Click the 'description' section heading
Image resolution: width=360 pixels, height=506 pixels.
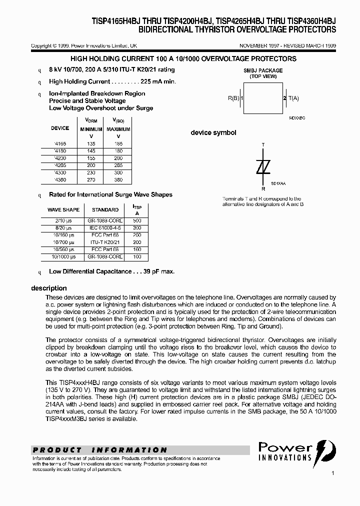(x=48, y=288)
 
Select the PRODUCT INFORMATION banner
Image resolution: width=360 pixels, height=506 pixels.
(x=100, y=450)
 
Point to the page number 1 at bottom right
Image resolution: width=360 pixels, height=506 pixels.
(x=332, y=472)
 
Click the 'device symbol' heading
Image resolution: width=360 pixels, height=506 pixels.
(x=213, y=133)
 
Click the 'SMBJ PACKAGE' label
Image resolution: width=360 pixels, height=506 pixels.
(x=263, y=70)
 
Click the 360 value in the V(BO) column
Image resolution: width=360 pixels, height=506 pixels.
(x=118, y=178)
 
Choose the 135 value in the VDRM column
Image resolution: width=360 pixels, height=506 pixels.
(x=90, y=143)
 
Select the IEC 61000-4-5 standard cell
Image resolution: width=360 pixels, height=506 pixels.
(x=105, y=227)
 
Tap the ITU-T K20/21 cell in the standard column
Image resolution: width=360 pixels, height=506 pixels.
(x=105, y=242)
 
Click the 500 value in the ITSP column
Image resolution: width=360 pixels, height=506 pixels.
(x=137, y=220)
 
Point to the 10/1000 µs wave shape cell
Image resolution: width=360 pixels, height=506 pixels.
(x=63, y=256)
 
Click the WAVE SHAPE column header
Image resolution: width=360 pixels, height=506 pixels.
(x=63, y=209)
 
